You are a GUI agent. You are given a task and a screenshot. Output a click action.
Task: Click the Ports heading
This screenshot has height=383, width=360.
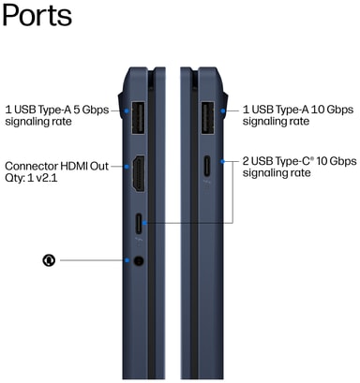tap(37, 16)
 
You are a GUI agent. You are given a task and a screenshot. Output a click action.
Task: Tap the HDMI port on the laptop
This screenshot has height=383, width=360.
tap(139, 173)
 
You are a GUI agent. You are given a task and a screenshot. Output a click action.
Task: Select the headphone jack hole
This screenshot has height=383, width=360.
tap(139, 260)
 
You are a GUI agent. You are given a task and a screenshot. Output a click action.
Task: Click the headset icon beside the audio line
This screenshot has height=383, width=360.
tap(49, 260)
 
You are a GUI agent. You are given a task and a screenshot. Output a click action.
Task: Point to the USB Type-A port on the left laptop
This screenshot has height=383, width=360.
tap(139, 118)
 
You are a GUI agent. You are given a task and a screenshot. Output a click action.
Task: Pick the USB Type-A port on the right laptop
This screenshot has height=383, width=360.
tap(207, 118)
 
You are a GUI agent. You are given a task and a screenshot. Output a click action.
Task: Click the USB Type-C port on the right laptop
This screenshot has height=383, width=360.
tap(207, 166)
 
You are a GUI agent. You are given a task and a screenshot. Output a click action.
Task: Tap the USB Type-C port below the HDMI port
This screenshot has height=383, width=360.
tap(139, 224)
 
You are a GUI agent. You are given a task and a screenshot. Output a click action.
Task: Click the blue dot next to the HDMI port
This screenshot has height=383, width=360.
tap(127, 167)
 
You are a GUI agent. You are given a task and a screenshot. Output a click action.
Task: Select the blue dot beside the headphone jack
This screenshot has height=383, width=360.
tap(127, 260)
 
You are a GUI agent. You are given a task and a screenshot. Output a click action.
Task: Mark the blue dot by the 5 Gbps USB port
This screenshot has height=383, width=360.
tap(127, 110)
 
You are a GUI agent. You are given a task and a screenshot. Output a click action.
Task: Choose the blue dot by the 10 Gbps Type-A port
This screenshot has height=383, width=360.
tap(223, 110)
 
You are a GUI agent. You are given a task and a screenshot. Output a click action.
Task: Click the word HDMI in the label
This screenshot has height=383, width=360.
tap(74, 166)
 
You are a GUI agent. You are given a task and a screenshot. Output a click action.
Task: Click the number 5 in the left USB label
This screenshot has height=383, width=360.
tap(76, 110)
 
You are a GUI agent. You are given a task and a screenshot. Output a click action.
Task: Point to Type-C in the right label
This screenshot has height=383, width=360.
tap(294, 161)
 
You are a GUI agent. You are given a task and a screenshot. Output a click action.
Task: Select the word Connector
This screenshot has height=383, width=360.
tap(31, 166)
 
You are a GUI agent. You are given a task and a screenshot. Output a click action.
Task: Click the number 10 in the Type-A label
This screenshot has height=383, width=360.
tap(317, 110)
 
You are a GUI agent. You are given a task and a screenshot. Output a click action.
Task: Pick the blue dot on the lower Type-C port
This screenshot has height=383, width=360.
tap(144, 223)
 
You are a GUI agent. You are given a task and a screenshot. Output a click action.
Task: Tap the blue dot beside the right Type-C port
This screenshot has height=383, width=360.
tap(222, 161)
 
